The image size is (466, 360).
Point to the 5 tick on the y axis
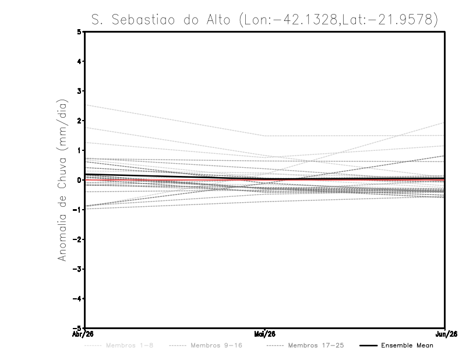click(80, 32)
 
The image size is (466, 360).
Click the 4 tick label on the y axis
click(80, 61)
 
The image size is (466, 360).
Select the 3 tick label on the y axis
click(80, 91)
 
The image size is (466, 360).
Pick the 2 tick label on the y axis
click(80, 121)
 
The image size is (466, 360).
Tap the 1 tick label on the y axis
click(80, 150)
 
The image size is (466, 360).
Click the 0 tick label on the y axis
click(80, 180)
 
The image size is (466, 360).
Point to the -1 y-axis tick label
click(78, 210)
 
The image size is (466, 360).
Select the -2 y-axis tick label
click(78, 239)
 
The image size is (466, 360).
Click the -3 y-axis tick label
click(78, 269)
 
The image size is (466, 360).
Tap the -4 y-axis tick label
click(78, 298)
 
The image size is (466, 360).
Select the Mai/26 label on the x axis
click(265, 334)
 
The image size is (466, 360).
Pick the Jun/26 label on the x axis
click(445, 334)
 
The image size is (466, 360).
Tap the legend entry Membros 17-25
click(316, 345)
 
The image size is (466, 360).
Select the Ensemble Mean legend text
click(407, 345)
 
